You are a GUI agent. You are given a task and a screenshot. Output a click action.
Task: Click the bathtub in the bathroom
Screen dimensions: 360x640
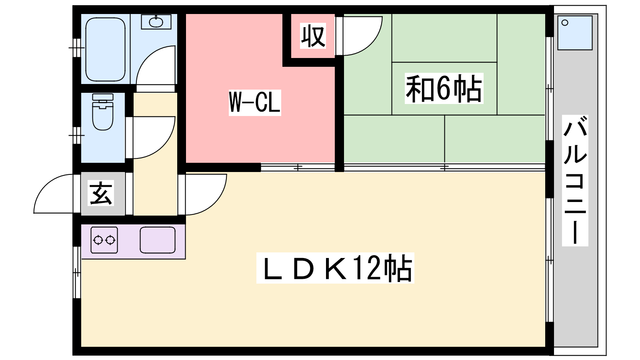click(106, 49)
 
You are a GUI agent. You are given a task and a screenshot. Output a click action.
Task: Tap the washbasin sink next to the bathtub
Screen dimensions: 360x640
click(156, 22)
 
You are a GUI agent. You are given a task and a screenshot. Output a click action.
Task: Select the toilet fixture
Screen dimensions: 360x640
click(103, 113)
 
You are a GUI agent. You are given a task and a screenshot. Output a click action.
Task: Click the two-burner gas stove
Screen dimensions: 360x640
click(104, 240)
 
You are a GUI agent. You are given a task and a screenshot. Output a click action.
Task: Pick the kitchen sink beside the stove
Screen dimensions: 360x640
click(158, 240)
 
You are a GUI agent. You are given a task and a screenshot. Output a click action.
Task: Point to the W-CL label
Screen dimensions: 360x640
click(255, 102)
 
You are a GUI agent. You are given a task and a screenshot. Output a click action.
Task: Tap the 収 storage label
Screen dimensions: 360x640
click(313, 36)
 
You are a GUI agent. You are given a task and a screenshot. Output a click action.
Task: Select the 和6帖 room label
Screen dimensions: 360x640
click(444, 88)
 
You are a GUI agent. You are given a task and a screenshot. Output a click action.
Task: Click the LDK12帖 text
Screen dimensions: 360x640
click(335, 268)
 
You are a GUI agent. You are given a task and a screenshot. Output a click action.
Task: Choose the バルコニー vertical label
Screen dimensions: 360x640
click(575, 180)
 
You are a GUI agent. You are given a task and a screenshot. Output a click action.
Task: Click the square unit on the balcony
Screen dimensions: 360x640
click(575, 33)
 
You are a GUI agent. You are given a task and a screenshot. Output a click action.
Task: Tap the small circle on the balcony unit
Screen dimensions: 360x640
click(565, 23)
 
